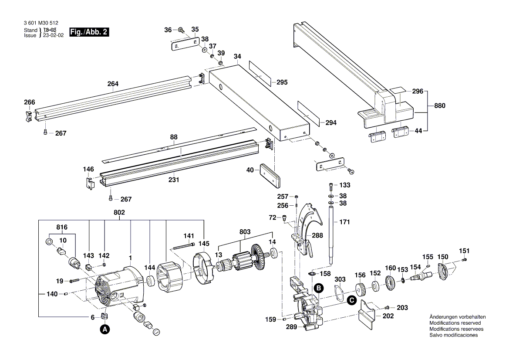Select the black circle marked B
pos(319,288)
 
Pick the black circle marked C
pos(351,300)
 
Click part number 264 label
pos(113,84)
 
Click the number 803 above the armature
pos(245,232)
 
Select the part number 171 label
pos(344,222)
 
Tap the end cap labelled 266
pos(28,116)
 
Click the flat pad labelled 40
pos(270,175)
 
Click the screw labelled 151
pos(464,260)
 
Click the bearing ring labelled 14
pos(274,253)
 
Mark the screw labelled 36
pos(180,30)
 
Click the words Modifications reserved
pos(455,323)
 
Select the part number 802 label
pos(119,212)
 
